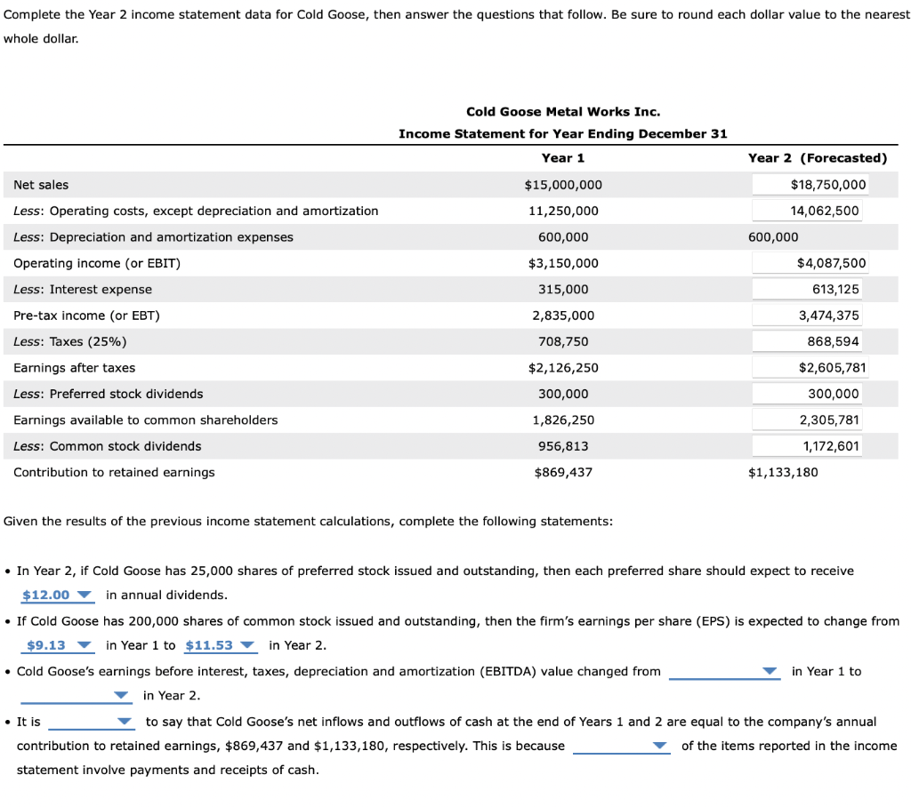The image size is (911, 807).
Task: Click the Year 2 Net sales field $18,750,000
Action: click(810, 185)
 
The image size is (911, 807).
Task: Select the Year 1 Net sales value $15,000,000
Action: click(562, 185)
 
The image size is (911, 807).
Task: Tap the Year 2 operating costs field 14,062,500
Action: click(810, 211)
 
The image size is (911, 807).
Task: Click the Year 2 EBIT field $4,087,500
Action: click(810, 263)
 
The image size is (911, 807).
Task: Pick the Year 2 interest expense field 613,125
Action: click(810, 290)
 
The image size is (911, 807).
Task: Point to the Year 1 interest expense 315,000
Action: click(562, 290)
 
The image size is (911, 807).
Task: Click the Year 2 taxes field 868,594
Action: click(810, 341)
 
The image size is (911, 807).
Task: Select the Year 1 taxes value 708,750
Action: click(562, 341)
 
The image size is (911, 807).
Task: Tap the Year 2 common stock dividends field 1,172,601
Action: click(810, 446)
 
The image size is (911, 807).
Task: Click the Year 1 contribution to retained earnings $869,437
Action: click(562, 472)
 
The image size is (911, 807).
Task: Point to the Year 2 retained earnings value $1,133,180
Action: click(783, 472)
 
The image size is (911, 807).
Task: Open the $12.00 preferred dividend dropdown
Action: click(57, 595)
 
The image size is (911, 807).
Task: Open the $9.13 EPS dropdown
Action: click(57, 645)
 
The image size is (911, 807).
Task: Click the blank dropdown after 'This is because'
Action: click(621, 747)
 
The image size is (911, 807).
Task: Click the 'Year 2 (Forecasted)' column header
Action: click(817, 158)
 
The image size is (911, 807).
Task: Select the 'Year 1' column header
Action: click(562, 158)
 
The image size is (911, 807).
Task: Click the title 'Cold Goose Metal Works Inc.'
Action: click(562, 111)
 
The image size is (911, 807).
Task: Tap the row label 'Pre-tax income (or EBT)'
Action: click(87, 316)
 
